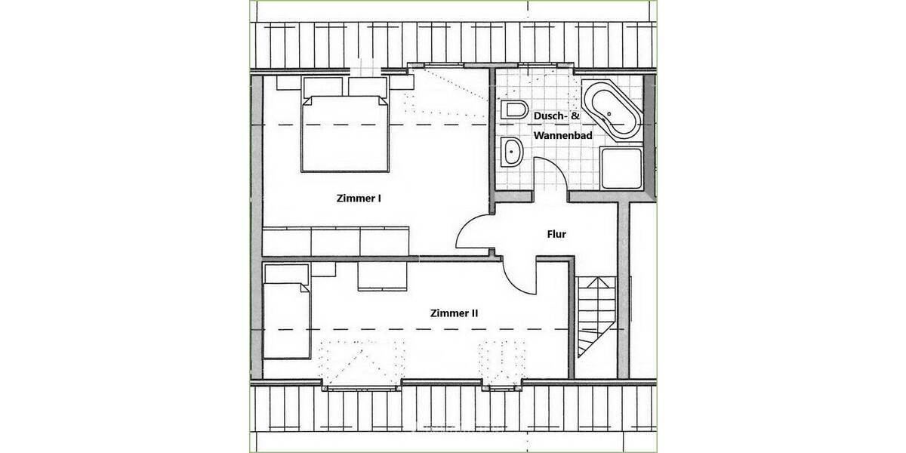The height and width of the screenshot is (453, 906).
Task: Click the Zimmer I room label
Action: tap(358, 199)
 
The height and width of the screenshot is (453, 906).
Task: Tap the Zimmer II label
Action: tap(454, 313)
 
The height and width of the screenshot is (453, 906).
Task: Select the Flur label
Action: tap(556, 234)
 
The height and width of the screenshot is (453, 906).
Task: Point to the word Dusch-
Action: tap(549, 116)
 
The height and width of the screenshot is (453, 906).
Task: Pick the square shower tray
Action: tap(621, 168)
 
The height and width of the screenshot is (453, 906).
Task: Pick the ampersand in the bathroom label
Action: tap(575, 116)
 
